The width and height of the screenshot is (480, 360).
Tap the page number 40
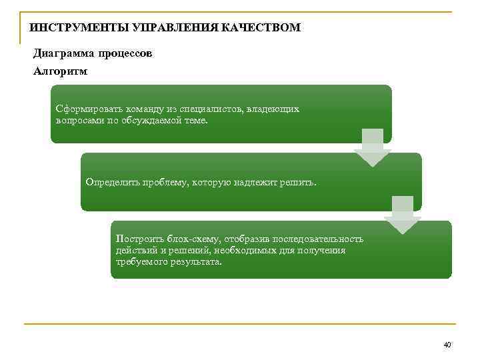[447, 345]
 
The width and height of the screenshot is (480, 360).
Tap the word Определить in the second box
[111, 182]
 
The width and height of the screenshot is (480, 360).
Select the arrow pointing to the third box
[402, 215]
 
